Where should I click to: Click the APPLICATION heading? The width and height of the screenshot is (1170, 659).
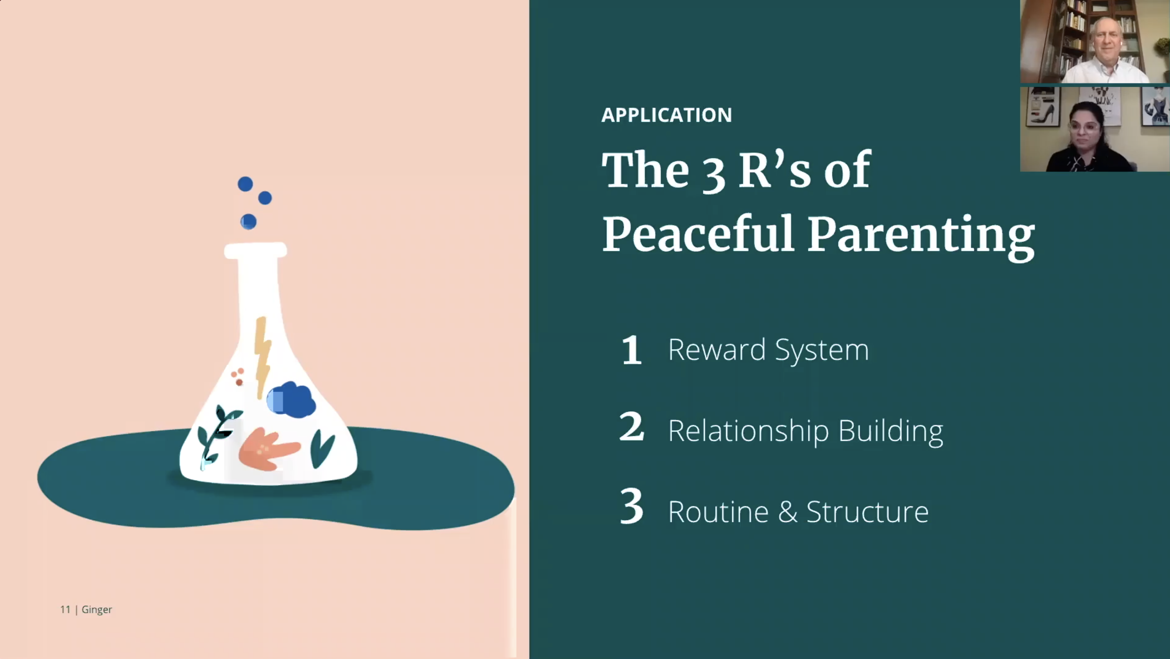click(x=666, y=115)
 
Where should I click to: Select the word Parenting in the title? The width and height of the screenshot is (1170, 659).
click(x=921, y=237)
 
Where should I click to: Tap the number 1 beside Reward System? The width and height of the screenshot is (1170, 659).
click(x=631, y=350)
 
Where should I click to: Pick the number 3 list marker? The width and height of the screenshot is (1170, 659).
click(x=632, y=506)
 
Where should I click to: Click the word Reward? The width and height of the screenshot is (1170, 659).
click(x=717, y=350)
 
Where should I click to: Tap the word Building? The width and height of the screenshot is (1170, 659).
click(x=891, y=431)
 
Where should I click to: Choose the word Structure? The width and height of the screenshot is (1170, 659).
click(x=867, y=512)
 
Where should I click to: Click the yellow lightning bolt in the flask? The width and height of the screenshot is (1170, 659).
click(x=262, y=358)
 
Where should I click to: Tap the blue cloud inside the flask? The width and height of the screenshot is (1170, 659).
click(x=291, y=399)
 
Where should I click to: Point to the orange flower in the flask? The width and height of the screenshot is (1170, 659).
click(x=268, y=449)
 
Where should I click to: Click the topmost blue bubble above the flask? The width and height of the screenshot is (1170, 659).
click(x=245, y=184)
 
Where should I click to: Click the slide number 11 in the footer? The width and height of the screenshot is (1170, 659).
click(x=66, y=609)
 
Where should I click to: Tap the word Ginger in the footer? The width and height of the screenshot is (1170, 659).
click(x=97, y=610)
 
